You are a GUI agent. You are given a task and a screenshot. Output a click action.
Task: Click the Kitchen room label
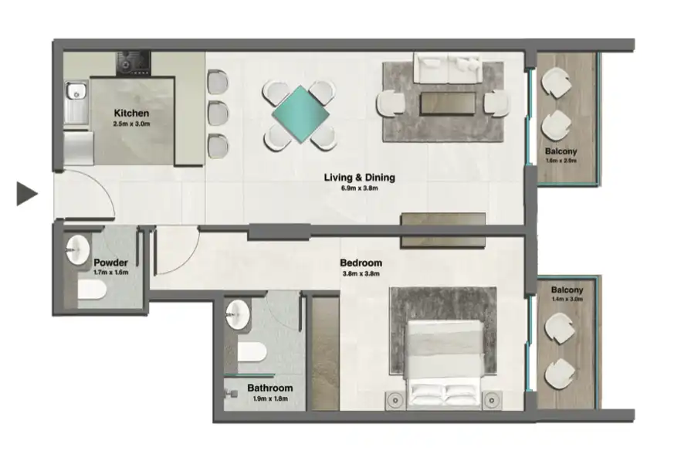tap(131, 113)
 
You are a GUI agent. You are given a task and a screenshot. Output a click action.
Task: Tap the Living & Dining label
tap(359, 178)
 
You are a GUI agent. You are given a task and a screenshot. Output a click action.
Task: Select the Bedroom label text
tap(361, 263)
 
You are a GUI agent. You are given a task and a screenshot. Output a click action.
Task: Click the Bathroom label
tap(269, 388)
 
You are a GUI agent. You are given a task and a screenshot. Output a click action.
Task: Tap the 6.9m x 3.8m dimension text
tap(359, 188)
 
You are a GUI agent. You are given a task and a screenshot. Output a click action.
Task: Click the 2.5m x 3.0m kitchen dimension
tap(131, 124)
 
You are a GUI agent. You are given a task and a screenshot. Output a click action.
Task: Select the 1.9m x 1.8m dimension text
tap(269, 398)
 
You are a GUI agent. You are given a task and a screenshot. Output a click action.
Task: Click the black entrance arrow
tap(27, 194)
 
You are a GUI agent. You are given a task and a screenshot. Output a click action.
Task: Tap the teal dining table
tap(300, 114)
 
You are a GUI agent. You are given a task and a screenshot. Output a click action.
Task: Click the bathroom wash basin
tap(237, 314)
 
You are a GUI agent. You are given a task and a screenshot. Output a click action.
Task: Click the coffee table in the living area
tap(447, 103)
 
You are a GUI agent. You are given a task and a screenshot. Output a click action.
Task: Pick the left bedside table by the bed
tap(395, 400)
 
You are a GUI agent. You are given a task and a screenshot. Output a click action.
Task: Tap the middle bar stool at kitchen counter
tap(218, 113)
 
